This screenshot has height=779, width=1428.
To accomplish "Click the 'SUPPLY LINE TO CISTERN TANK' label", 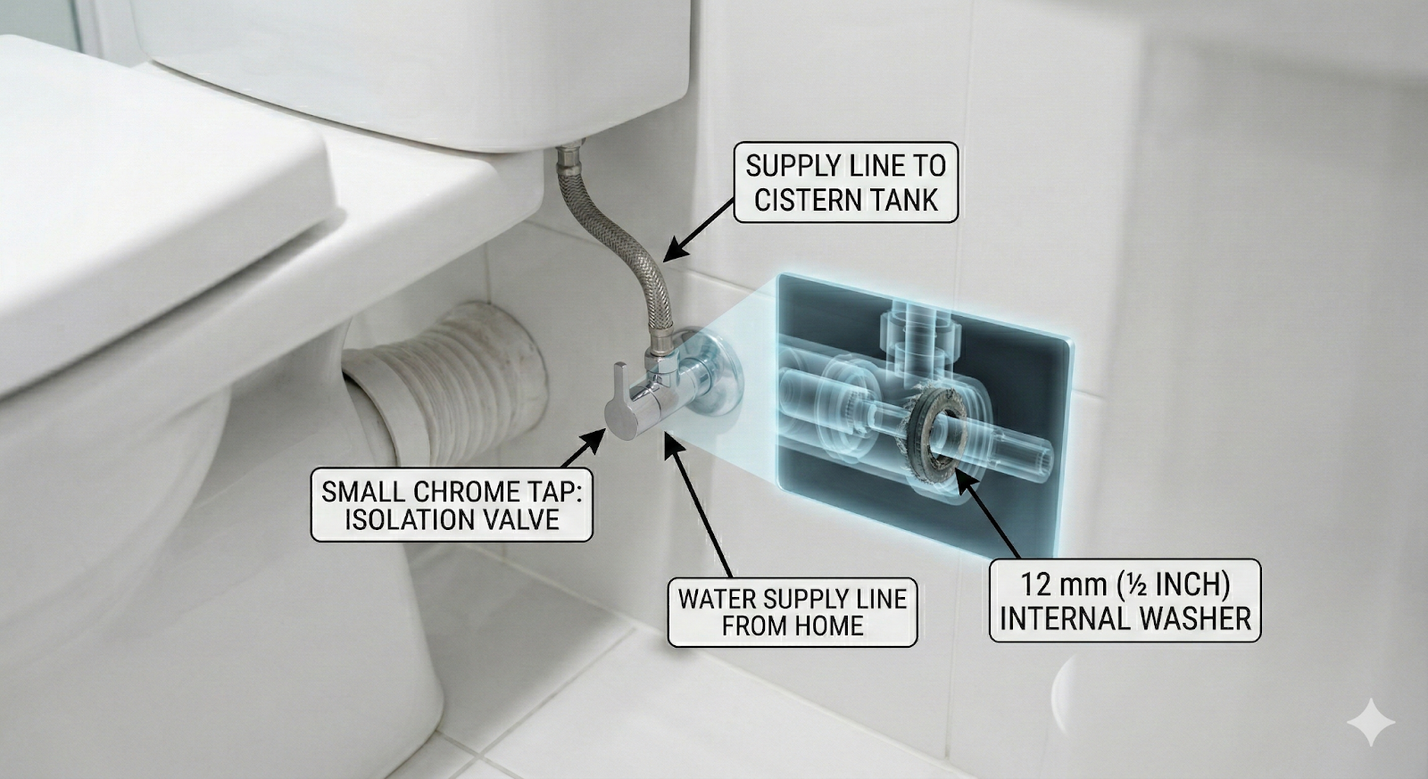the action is [845, 182].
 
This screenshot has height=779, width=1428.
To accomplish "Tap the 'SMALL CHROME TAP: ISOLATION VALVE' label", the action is [452, 505].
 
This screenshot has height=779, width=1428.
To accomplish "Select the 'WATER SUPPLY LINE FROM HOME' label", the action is [793, 612].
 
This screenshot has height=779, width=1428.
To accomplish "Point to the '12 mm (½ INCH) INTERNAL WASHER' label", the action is [1125, 601].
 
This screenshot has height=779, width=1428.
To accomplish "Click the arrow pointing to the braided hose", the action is [699, 230].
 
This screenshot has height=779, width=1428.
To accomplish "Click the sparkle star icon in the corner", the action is [1371, 722].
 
